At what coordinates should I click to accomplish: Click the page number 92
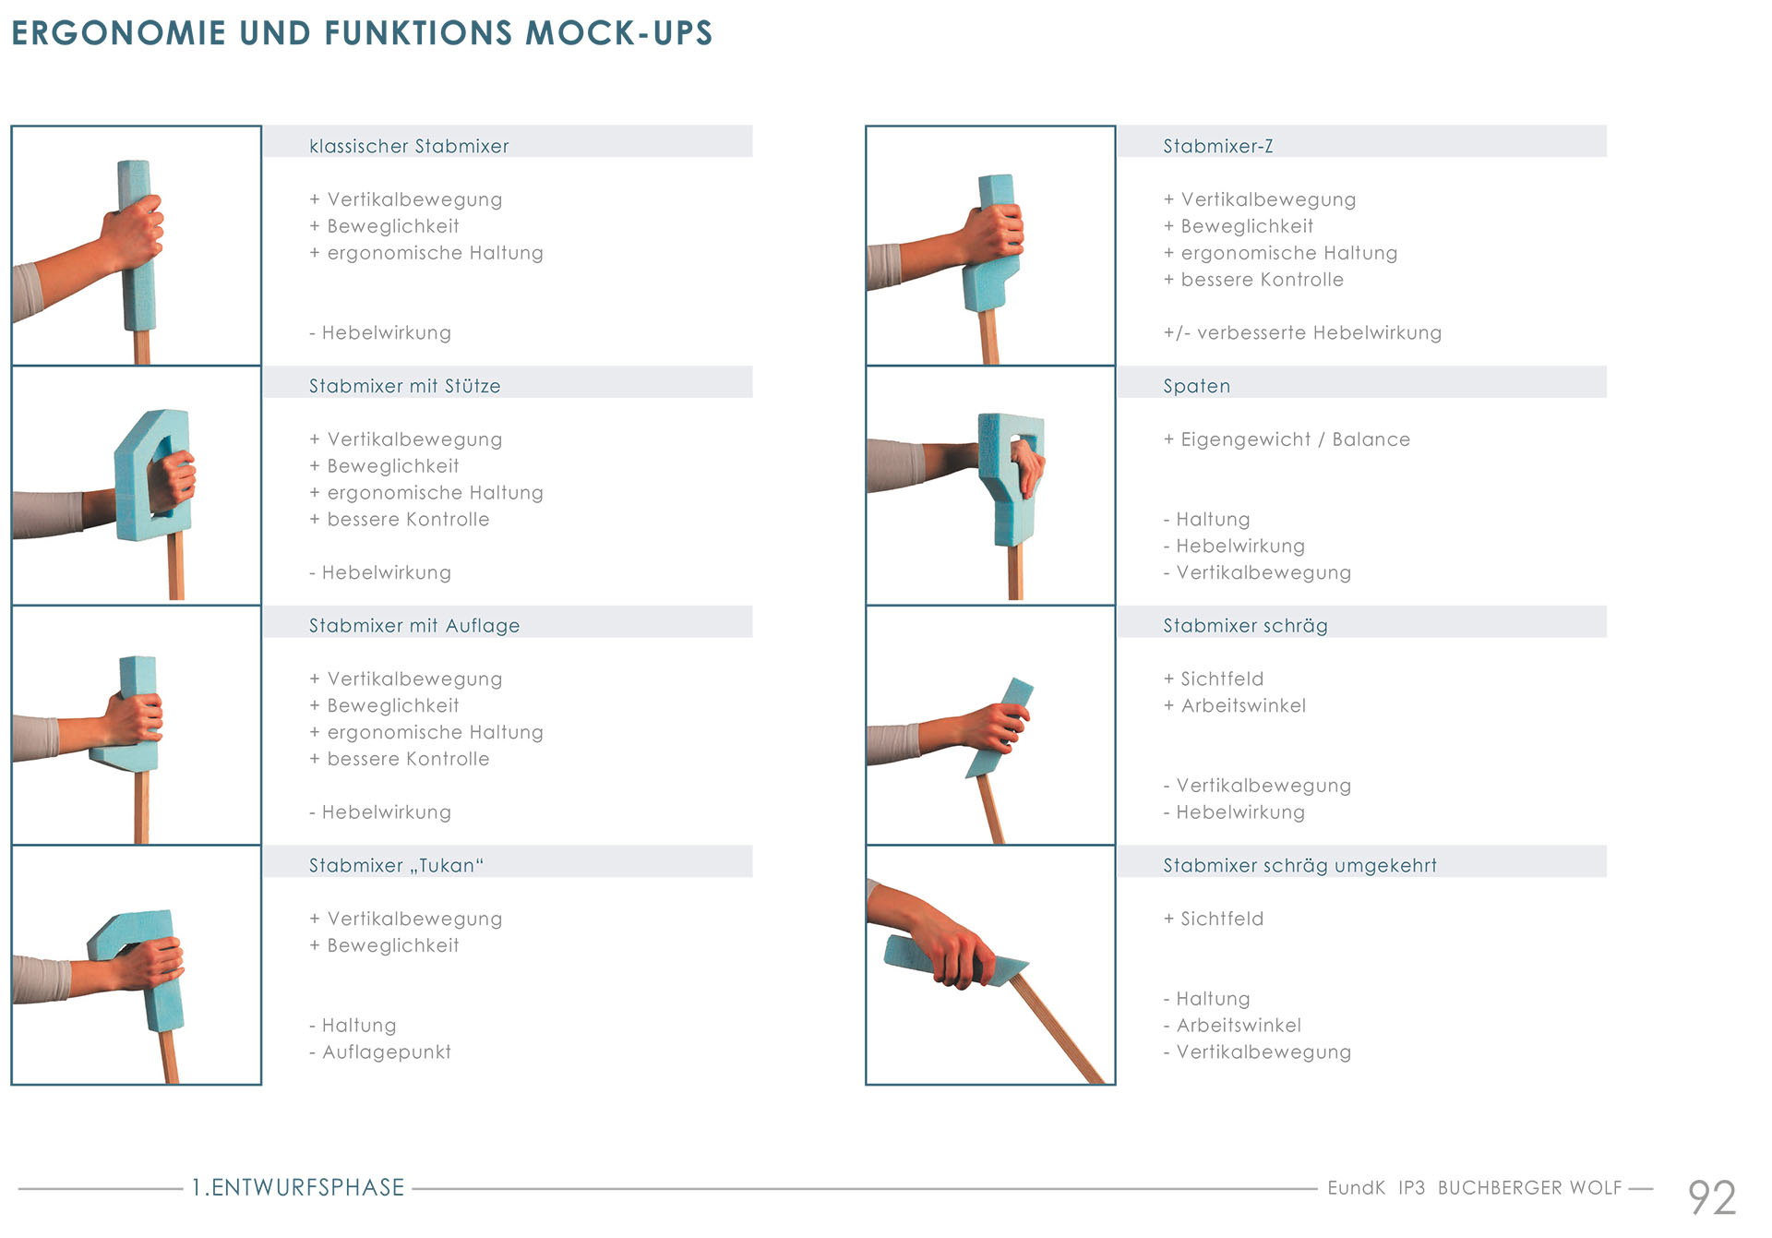[1712, 1198]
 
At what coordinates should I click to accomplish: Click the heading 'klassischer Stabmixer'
[409, 146]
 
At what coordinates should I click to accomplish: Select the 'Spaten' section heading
[1196, 386]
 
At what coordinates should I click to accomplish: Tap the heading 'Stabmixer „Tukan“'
[396, 865]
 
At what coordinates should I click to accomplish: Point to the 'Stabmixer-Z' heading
[1217, 146]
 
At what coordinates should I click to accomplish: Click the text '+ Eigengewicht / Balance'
[1287, 439]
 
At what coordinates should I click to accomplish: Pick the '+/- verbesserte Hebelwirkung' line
[1302, 333]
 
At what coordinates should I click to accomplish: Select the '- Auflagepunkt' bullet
[380, 1052]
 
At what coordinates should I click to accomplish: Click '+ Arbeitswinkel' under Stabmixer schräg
[1235, 706]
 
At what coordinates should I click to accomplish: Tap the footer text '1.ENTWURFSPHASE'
[298, 1187]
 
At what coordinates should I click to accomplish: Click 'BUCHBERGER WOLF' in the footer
[1529, 1188]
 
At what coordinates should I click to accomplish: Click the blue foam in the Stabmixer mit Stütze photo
[148, 475]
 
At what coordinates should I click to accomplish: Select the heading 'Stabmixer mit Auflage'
[414, 626]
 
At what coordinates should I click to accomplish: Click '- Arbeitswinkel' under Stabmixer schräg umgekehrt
[1232, 1026]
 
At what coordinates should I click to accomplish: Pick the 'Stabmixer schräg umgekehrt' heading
[1299, 866]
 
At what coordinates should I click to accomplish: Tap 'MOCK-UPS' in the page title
[619, 33]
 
